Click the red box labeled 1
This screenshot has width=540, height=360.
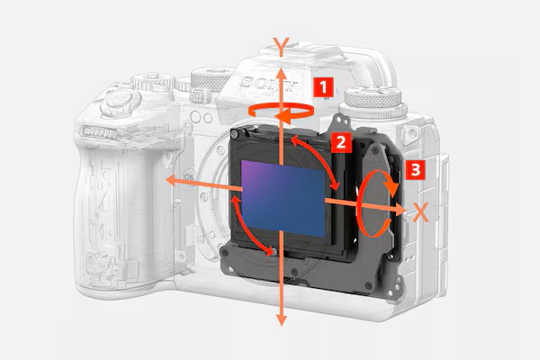(x=323, y=87)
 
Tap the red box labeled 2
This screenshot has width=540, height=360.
(x=341, y=142)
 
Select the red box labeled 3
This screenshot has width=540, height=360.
(x=415, y=169)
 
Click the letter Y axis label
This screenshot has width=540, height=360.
(x=282, y=47)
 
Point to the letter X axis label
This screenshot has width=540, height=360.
(x=420, y=212)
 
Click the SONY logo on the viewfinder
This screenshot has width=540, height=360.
(x=268, y=84)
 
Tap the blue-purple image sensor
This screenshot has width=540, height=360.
(x=283, y=198)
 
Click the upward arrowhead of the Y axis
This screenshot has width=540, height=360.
(x=282, y=73)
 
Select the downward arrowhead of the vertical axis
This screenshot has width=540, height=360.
(x=282, y=319)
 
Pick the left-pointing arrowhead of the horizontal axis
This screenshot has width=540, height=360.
(x=171, y=179)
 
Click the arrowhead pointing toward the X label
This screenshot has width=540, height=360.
(x=400, y=209)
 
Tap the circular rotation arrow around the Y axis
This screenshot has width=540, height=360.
(x=281, y=112)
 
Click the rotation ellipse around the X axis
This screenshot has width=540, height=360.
(x=375, y=203)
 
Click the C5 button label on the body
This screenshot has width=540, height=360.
(x=188, y=177)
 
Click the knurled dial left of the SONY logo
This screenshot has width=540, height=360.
(x=210, y=79)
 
